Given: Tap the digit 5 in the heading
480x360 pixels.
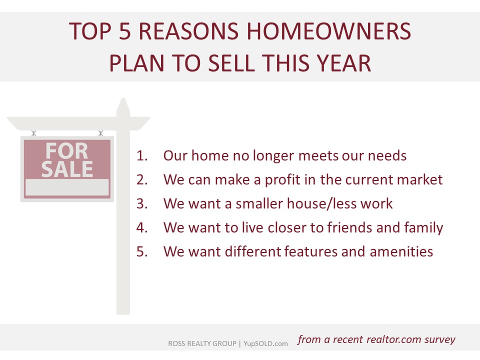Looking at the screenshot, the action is tap(125, 31).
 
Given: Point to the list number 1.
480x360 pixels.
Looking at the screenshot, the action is tap(142, 155).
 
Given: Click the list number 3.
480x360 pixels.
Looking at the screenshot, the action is tap(142, 203).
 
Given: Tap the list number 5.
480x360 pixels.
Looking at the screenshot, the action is tap(142, 251).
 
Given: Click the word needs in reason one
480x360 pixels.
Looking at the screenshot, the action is tap(387, 156).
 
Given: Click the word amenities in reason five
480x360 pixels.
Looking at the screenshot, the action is tap(401, 251).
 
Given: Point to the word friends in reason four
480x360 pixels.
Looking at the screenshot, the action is tap(349, 227).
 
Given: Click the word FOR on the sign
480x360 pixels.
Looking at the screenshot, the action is tap(66, 151).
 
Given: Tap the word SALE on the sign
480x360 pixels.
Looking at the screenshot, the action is tap(67, 169).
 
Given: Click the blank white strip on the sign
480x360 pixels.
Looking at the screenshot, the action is tap(67, 187).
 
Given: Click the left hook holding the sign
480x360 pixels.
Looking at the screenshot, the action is tap(33, 133).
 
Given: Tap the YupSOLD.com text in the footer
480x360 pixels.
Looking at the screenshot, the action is tap(265, 343).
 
